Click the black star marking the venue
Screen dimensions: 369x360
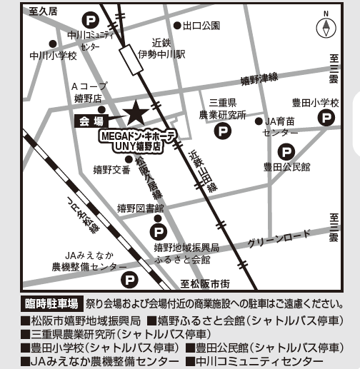[134, 113]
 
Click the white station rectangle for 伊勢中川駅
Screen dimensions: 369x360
[133, 59]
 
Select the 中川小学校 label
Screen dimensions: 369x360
[54, 55]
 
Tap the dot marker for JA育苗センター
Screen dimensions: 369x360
[259, 121]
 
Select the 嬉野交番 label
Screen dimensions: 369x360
[112, 170]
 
